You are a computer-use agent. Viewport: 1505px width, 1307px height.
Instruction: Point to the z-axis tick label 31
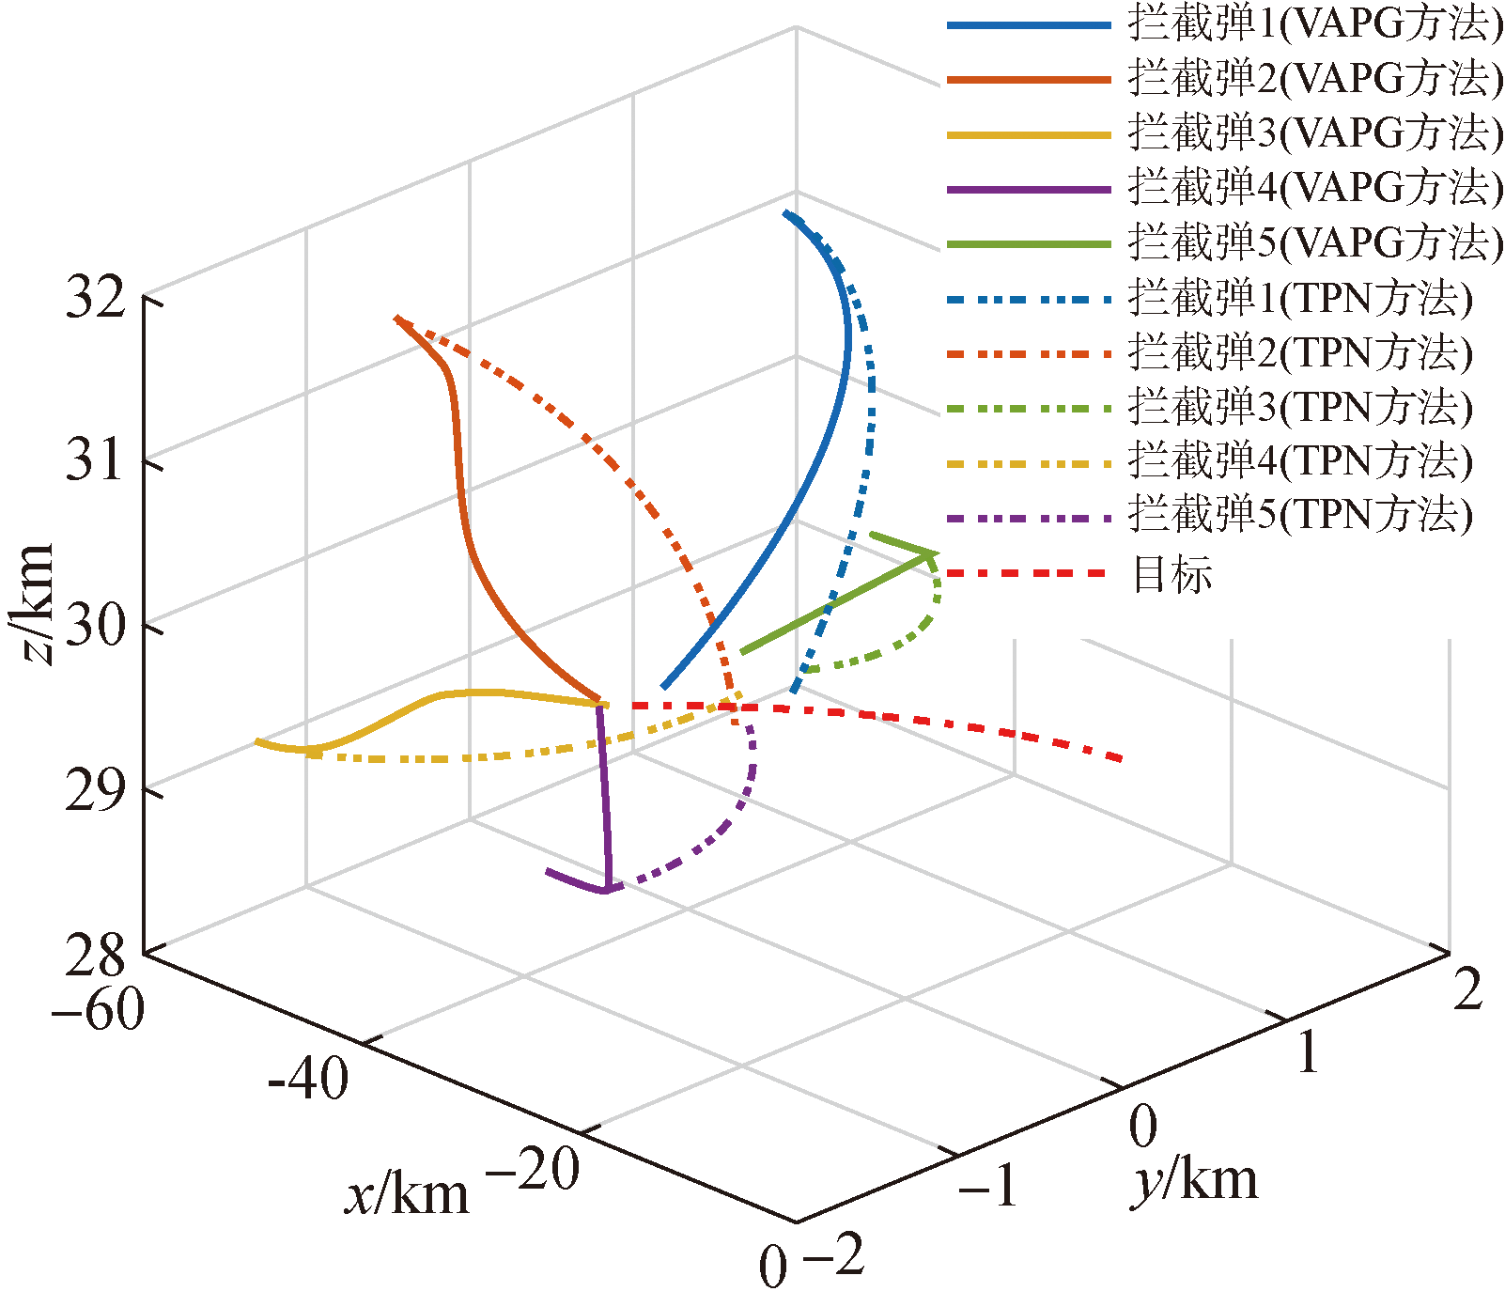95,460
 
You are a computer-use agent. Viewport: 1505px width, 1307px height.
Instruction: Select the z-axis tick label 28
95,955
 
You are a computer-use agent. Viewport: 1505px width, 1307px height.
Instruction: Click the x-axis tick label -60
99,1011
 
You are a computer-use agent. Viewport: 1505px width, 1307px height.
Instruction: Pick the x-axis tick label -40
308,1079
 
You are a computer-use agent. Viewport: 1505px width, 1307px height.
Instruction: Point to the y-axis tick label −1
988,1186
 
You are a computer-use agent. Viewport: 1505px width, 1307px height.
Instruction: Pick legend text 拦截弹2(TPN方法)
1300,352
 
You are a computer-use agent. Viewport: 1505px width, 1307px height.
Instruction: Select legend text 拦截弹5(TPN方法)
1300,515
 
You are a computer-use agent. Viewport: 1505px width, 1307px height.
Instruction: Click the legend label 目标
1172,574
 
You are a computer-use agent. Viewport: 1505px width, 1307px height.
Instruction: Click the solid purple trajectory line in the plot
604,799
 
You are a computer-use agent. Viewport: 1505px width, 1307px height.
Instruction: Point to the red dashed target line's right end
1120,758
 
